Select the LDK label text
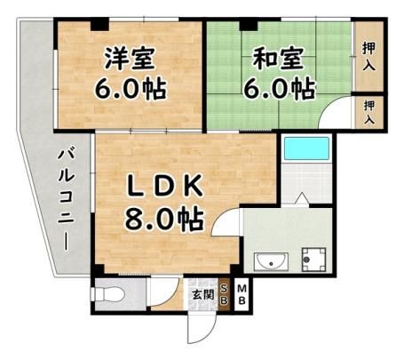[165, 186]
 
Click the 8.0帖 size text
[164, 220]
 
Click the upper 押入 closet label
[369, 56]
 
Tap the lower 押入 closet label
[369, 112]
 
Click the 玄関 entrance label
[202, 294]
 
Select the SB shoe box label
[225, 294]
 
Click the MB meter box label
[242, 294]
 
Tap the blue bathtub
[306, 148]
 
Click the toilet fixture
[108, 295]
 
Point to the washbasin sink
[271, 261]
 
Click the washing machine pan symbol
[313, 260]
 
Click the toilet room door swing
[164, 292]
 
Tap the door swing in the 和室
[335, 112]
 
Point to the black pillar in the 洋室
[99, 25]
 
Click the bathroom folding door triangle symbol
[302, 198]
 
